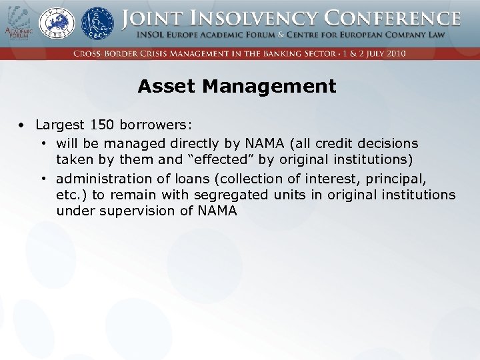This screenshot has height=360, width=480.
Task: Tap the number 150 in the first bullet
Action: pos(101,125)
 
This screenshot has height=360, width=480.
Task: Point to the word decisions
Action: pos(388,143)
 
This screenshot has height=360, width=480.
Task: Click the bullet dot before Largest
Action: pos(22,125)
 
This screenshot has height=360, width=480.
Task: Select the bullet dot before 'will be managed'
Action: pos(43,143)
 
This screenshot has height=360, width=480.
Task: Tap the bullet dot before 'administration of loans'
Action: pos(43,178)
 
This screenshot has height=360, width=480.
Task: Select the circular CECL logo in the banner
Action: pos(97,23)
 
